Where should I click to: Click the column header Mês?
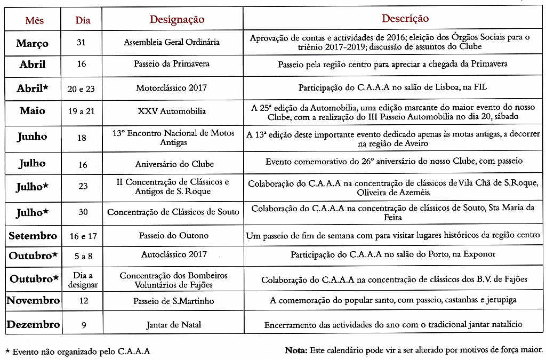35,21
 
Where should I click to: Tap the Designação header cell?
177,20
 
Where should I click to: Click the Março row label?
32,43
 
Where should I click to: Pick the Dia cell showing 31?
81,42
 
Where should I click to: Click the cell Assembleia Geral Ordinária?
172,42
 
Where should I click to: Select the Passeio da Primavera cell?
172,64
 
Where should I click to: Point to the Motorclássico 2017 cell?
172,87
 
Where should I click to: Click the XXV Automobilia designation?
172,111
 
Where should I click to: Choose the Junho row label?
32,137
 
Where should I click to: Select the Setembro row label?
33,235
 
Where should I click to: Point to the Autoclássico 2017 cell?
172,255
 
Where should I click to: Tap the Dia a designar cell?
83,280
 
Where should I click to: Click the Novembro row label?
33,301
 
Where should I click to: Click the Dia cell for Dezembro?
83,324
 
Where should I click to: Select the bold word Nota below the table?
296,350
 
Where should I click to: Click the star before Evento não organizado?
7,351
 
